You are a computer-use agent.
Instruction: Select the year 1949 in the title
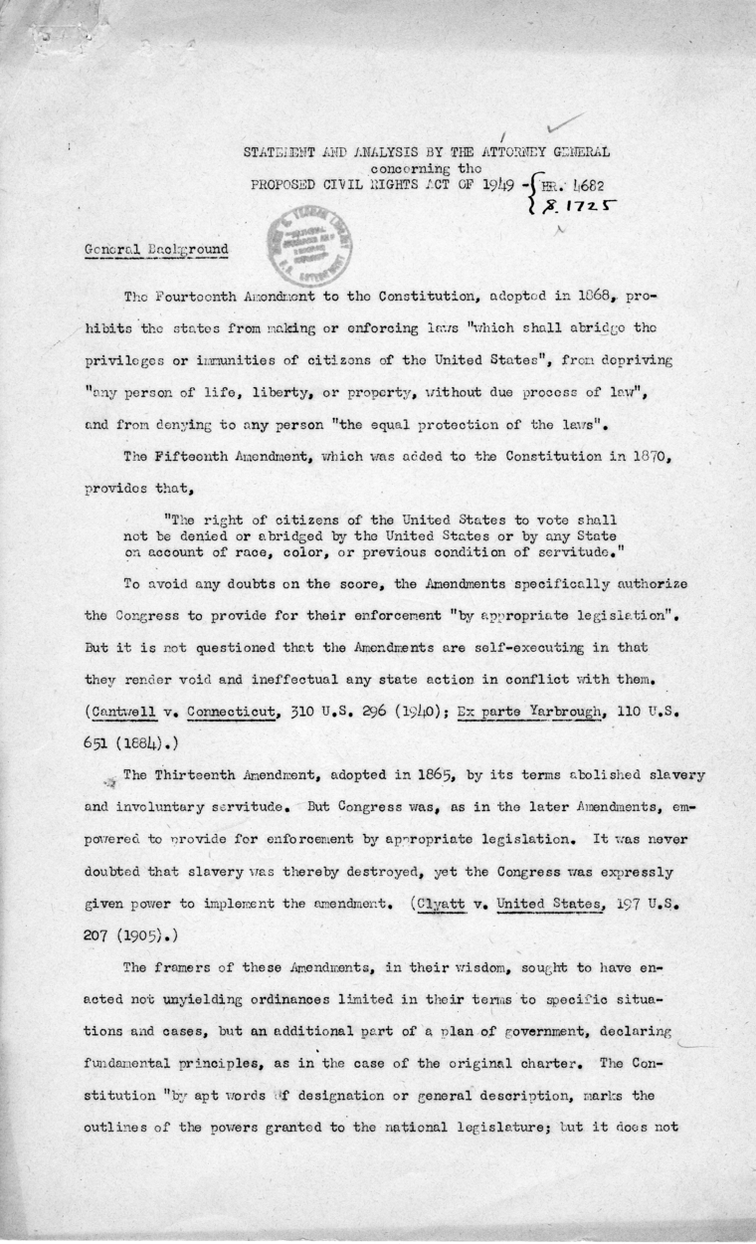click(x=491, y=185)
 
